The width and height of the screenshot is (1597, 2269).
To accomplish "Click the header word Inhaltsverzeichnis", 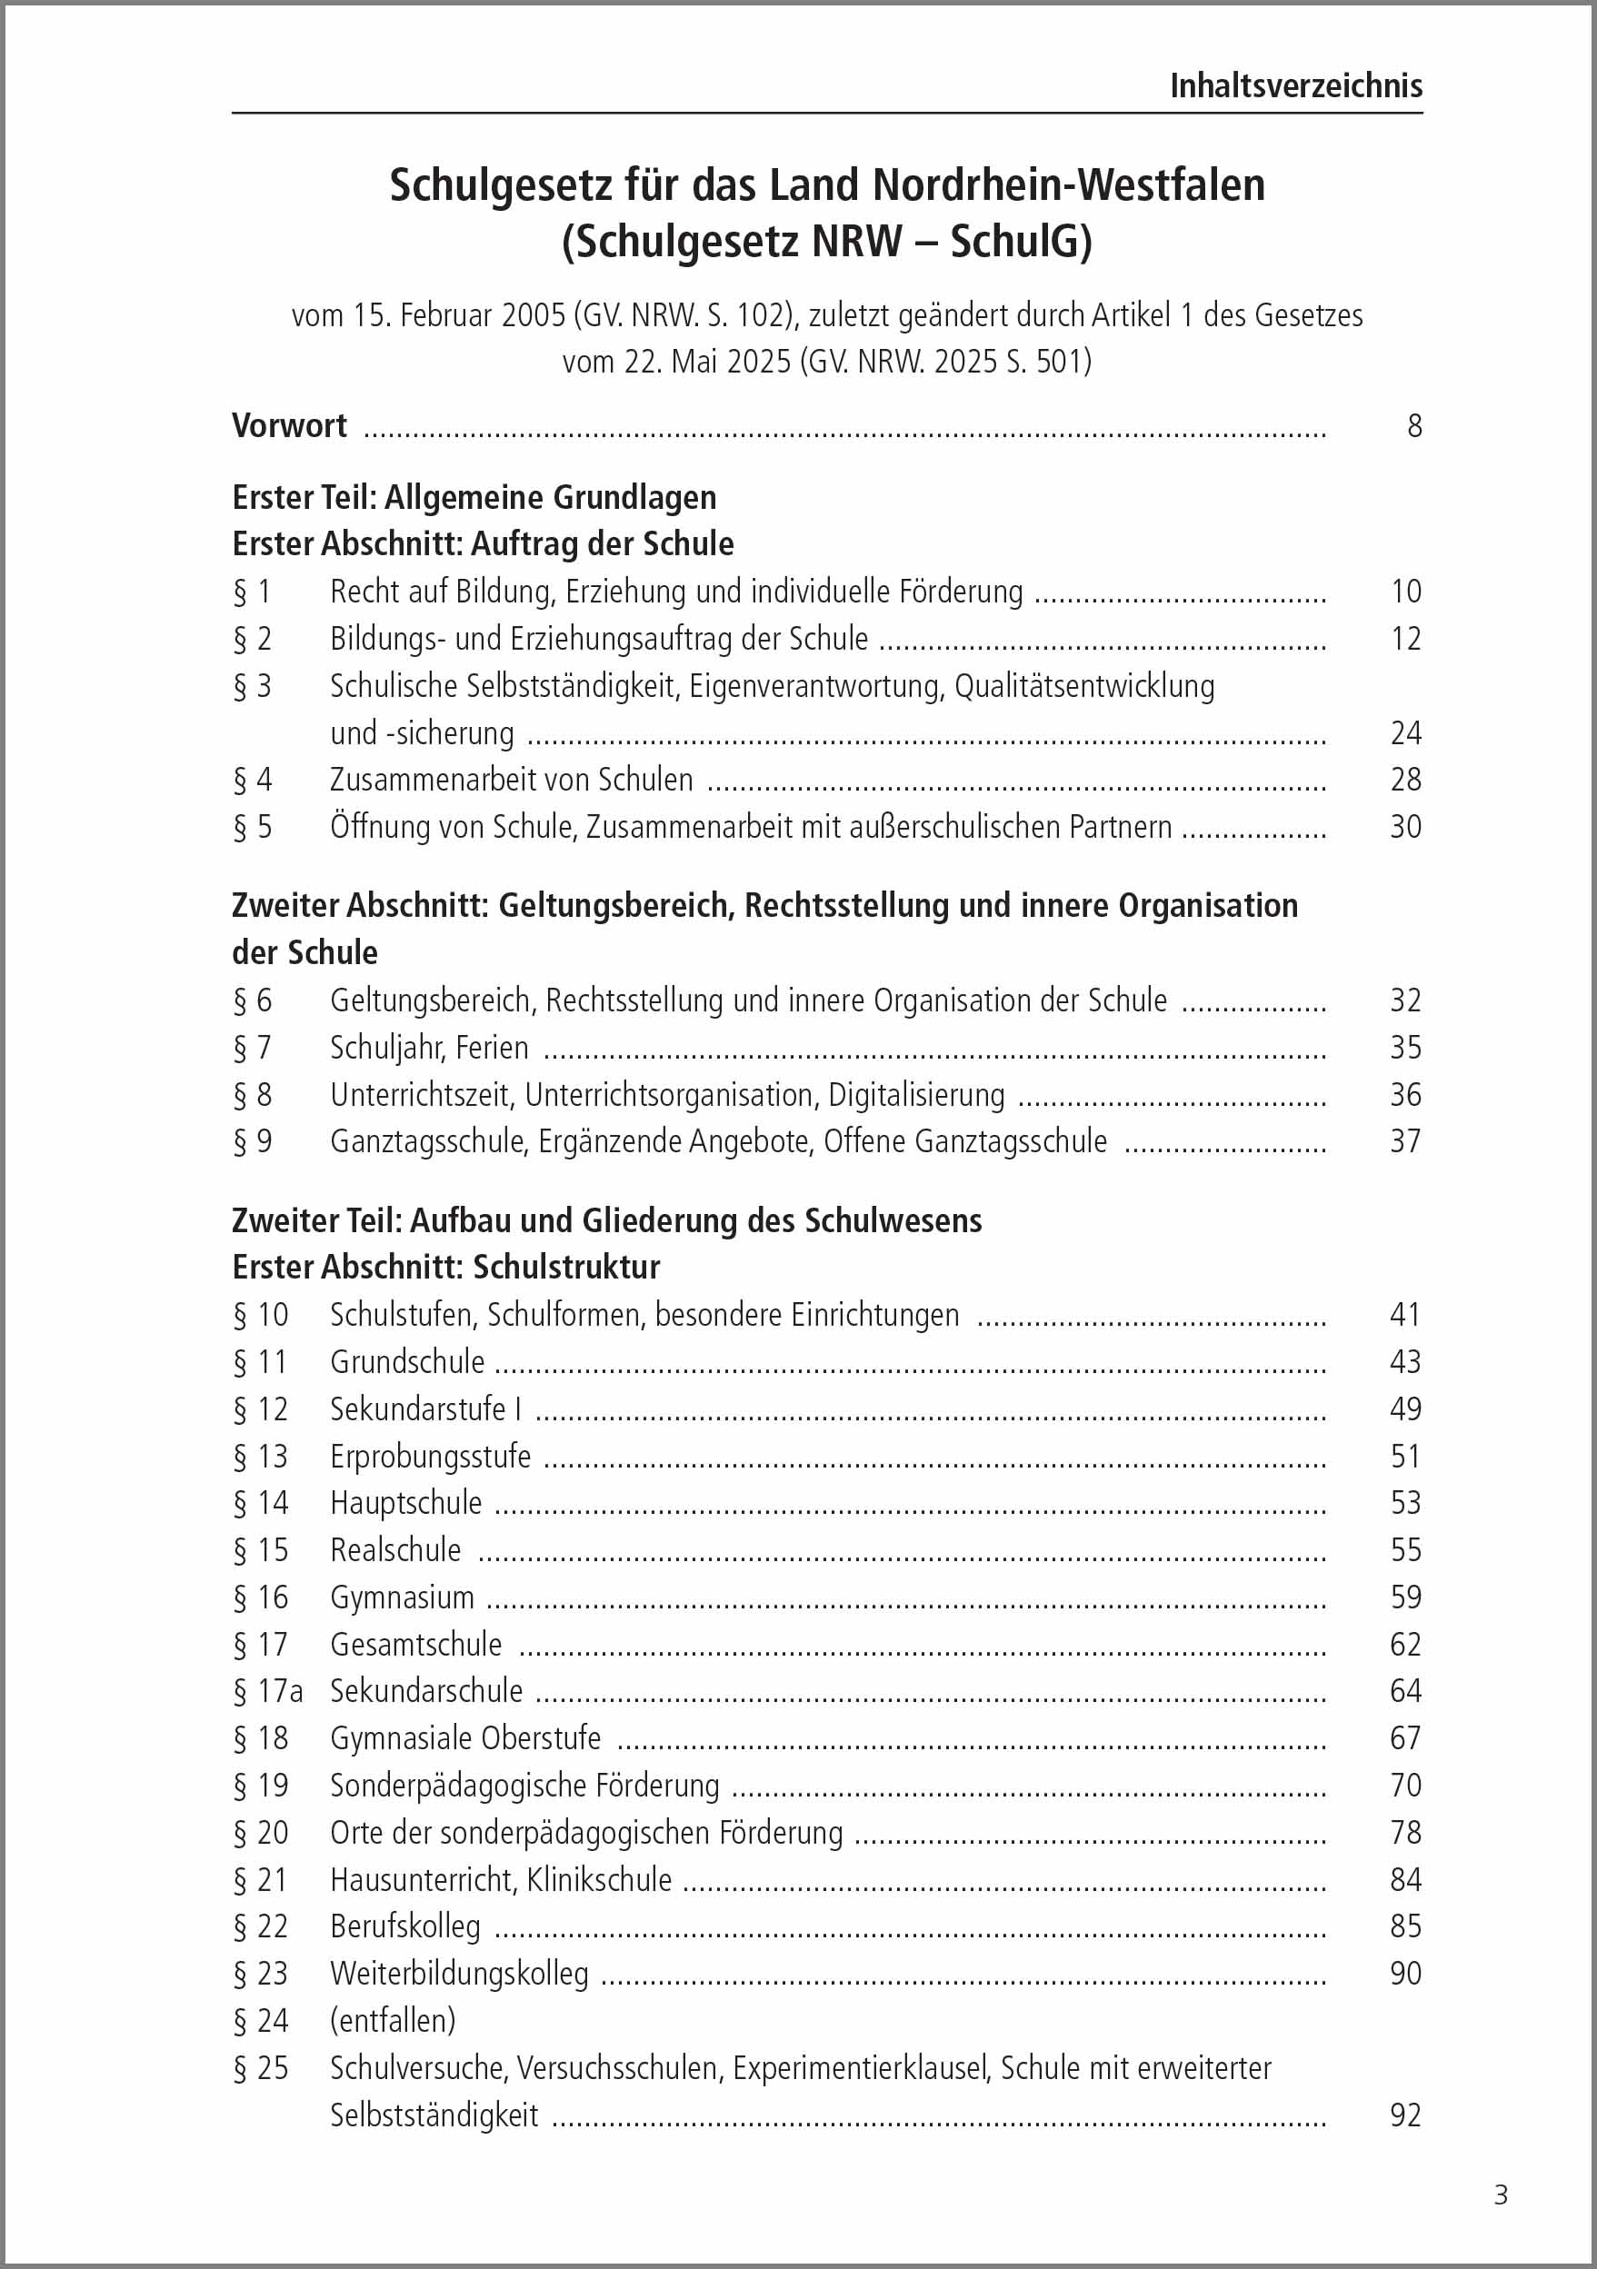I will click(x=1295, y=87).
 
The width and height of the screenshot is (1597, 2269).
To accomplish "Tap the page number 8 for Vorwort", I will click(x=1414, y=426).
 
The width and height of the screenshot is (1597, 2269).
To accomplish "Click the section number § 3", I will click(x=252, y=686).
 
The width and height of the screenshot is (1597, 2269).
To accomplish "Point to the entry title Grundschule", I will click(x=407, y=1362).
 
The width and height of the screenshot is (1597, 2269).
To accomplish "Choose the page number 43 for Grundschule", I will click(x=1404, y=1362).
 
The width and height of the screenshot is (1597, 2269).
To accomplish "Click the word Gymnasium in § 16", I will click(x=403, y=1597).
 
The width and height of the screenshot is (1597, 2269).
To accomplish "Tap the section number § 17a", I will click(x=268, y=1691).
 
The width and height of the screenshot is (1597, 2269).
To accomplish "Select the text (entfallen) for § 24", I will click(x=393, y=2020).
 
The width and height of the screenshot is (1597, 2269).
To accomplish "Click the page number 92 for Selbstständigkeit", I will click(x=1404, y=2115).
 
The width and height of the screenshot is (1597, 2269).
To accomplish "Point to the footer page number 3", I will click(x=1500, y=2194).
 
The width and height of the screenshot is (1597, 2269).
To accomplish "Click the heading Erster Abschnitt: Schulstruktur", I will click(x=445, y=1267).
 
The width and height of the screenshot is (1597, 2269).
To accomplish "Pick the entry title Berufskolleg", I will click(x=405, y=1926).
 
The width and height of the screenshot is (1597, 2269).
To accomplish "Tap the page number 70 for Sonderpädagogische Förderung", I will click(x=1404, y=1785).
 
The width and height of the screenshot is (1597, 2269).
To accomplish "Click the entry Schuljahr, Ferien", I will click(x=429, y=1048).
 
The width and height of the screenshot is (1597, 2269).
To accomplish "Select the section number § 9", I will click(x=252, y=1141).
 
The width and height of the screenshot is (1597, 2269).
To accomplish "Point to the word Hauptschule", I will click(x=406, y=1503).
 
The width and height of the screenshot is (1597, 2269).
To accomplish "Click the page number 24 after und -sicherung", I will click(x=1405, y=733).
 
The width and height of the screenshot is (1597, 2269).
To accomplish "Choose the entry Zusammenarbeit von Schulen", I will click(x=511, y=780).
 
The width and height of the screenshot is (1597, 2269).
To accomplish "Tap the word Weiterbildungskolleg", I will click(x=460, y=1974).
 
